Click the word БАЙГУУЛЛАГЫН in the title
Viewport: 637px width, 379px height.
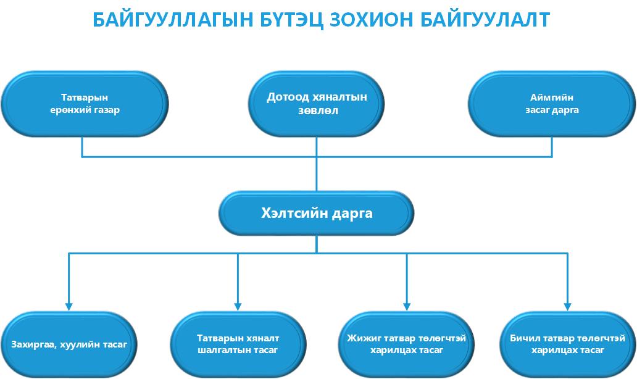point(173,20)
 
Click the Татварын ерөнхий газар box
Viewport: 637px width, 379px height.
point(85,104)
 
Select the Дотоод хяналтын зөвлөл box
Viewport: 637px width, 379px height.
point(317,104)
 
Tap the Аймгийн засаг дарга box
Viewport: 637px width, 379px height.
point(552,104)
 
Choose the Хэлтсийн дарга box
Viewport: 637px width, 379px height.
point(317,213)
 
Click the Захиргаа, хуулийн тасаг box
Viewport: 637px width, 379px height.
point(69,344)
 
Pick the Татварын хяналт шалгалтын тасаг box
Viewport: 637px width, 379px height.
point(238,344)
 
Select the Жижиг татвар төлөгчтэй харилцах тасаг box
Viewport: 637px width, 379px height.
point(406,344)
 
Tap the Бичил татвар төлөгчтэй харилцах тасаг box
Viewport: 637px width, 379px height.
point(567,344)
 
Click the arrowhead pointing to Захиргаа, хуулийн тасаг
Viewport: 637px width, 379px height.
point(69,307)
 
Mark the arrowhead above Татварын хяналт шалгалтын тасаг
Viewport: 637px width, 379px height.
point(238,307)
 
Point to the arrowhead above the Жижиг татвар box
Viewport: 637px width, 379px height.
point(407,307)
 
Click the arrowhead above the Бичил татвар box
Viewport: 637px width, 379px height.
point(567,307)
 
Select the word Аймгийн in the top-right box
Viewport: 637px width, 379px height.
point(552,98)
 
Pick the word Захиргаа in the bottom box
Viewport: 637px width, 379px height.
point(34,345)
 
